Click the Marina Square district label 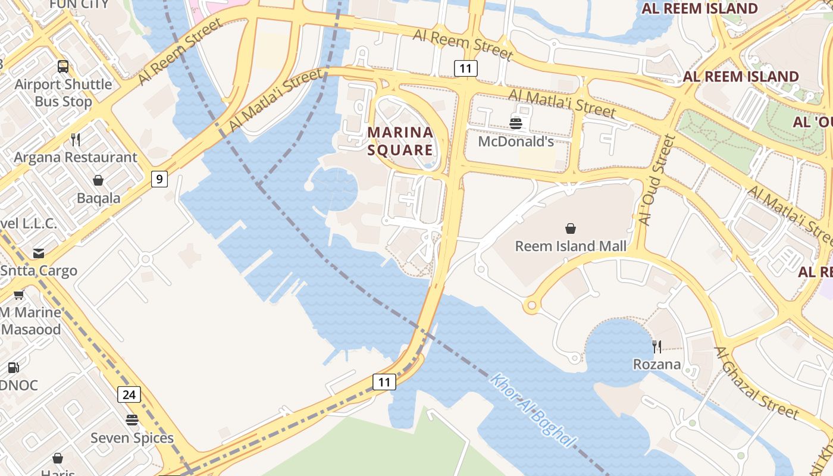(x=400, y=141)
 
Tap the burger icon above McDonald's (x=515, y=123)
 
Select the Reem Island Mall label (x=571, y=246)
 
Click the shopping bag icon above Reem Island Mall (x=571, y=228)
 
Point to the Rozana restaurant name (x=657, y=364)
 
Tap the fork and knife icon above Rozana (x=657, y=346)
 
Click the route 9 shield (x=159, y=178)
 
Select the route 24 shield (x=129, y=394)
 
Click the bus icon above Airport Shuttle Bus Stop (x=63, y=66)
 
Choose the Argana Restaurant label (x=76, y=158)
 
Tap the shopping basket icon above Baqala (x=98, y=180)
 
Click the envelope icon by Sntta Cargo (x=39, y=253)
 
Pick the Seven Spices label (x=132, y=439)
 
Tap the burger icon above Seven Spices (x=132, y=420)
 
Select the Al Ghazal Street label (x=756, y=384)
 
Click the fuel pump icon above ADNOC (x=13, y=368)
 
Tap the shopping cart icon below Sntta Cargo (x=18, y=295)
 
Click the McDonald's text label (x=516, y=142)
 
